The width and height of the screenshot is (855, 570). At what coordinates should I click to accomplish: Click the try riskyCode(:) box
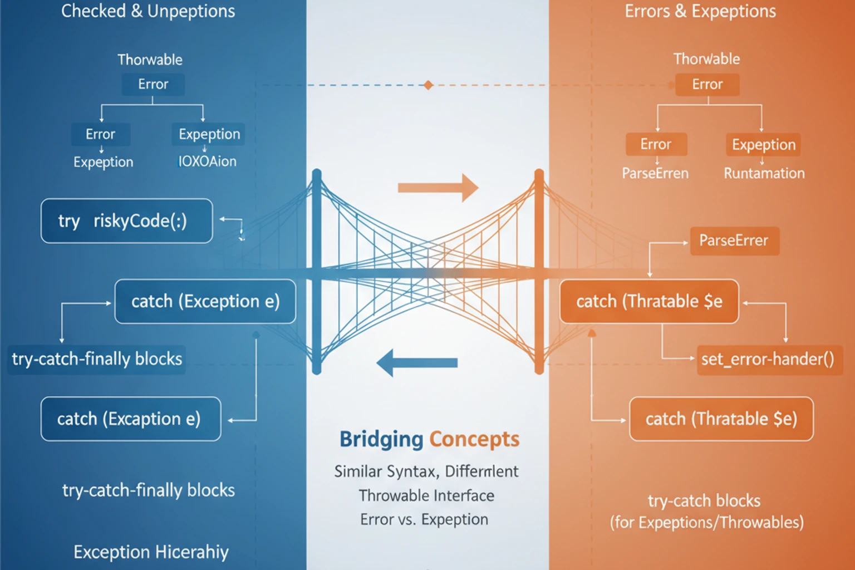coord(126,221)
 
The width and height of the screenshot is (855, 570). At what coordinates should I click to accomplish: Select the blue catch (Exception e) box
coord(205,301)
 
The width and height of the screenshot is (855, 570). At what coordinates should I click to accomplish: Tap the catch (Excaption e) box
coord(130,419)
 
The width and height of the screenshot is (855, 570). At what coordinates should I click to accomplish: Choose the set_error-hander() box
coord(769,359)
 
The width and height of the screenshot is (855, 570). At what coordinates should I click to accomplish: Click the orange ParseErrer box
coord(734,240)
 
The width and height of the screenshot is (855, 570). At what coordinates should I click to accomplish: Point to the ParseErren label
coord(655,174)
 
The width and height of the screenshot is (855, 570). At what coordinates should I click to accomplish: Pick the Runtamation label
coord(764,174)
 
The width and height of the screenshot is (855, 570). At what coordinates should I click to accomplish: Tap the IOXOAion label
coord(207,161)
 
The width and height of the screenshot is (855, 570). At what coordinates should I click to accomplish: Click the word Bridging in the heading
coord(381,439)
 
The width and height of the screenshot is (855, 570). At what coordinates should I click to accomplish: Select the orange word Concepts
coord(474,439)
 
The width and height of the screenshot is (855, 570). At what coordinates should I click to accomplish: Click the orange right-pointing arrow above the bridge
coord(438,188)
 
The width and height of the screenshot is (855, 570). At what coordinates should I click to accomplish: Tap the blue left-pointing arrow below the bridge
coord(417,363)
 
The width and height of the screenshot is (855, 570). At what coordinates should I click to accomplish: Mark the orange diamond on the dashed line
coord(428,85)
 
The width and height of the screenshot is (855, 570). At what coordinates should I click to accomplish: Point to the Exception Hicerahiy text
coord(151,552)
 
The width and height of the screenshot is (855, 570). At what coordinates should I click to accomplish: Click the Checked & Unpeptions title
coord(148,11)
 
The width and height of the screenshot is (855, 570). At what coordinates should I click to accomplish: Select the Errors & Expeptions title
coord(700,11)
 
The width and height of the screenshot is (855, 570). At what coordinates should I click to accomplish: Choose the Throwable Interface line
coord(426,495)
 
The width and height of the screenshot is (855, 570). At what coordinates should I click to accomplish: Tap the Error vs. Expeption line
coord(424,519)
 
